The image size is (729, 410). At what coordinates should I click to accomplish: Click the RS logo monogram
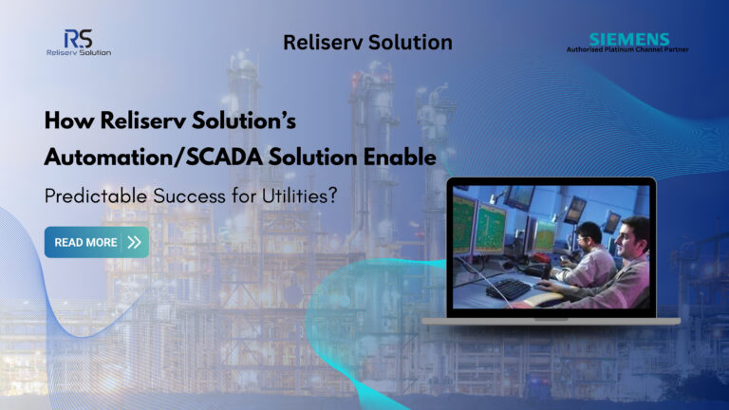pyautogui.click(x=78, y=38)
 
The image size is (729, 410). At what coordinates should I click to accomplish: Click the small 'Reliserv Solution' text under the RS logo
pyautogui.click(x=78, y=52)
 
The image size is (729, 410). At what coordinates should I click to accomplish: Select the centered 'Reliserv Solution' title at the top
pyautogui.click(x=367, y=42)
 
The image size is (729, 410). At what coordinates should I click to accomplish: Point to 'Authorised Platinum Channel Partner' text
pyautogui.click(x=626, y=49)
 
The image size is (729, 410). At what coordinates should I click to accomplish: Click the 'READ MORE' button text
pyautogui.click(x=85, y=242)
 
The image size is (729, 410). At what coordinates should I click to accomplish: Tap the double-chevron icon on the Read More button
pyautogui.click(x=134, y=242)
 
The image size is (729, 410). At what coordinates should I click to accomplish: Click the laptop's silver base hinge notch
pyautogui.click(x=551, y=318)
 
